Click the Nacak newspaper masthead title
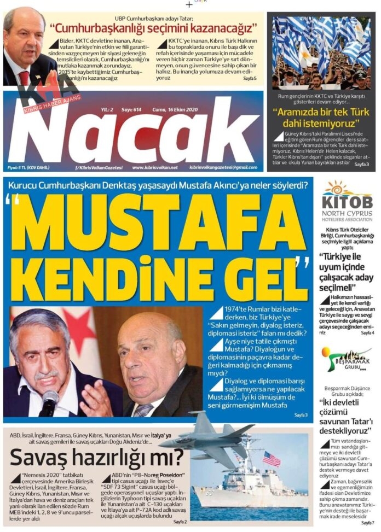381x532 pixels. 134,138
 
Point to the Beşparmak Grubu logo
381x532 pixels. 347,359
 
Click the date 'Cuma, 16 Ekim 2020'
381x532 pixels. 175,109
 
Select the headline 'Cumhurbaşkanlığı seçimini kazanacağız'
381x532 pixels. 154,27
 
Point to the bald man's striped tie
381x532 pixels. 143,410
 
